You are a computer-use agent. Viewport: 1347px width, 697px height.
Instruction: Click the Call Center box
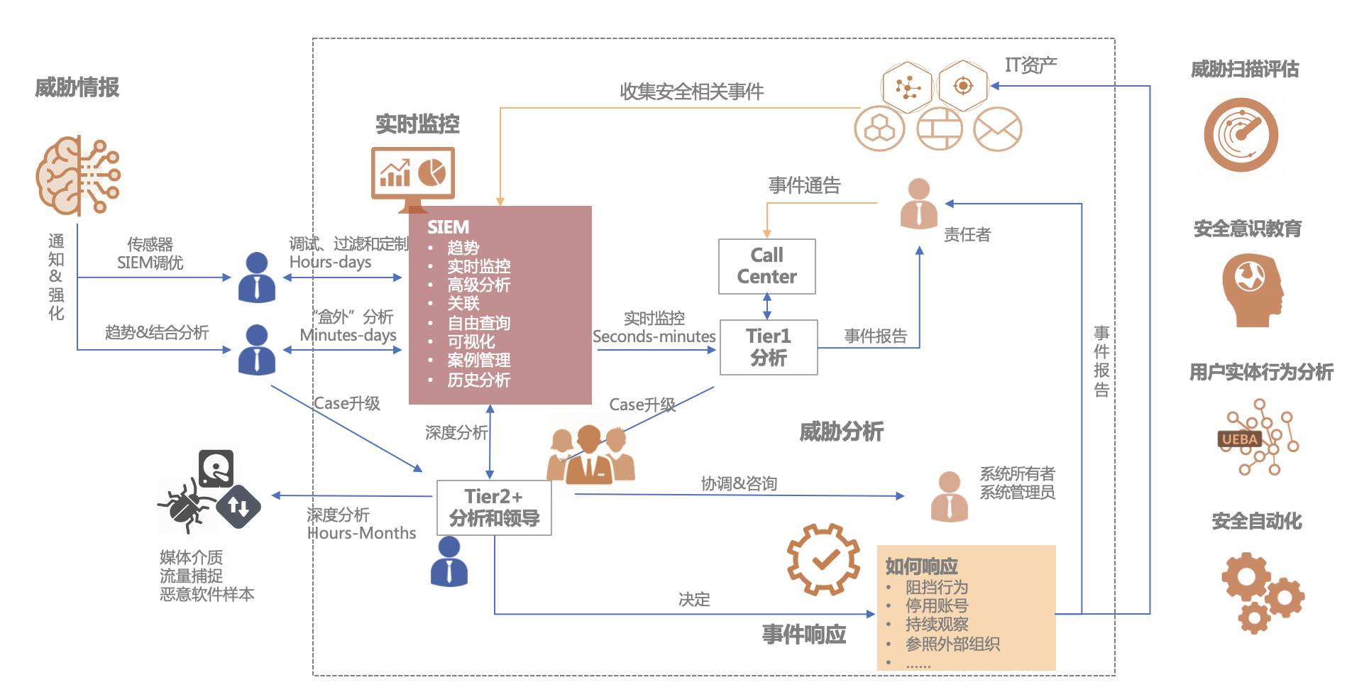tap(766, 266)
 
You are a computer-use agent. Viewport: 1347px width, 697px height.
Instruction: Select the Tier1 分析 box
tap(769, 347)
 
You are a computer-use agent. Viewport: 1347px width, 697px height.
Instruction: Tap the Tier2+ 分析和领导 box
tap(494, 507)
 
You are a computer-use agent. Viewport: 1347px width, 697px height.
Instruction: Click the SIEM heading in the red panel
tap(448, 227)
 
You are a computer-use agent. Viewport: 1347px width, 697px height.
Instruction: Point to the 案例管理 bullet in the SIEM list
tap(478, 361)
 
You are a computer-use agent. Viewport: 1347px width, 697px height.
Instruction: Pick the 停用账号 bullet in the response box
tap(936, 605)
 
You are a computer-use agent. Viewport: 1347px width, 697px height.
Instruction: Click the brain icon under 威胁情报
tap(77, 176)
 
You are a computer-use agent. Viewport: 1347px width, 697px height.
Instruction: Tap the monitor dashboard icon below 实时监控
tap(412, 175)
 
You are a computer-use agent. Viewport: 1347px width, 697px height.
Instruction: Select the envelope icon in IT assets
tap(997, 129)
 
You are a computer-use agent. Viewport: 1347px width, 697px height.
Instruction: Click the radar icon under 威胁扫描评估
tap(1241, 135)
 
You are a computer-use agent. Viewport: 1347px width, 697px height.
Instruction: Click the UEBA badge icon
tap(1239, 439)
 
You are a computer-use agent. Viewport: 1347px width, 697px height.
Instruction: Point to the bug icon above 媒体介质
tap(186, 505)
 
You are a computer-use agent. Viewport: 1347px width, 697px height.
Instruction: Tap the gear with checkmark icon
tap(823, 559)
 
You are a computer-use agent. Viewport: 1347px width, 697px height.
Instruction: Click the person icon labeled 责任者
tap(918, 204)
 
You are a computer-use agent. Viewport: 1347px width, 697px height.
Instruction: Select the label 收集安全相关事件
tap(691, 92)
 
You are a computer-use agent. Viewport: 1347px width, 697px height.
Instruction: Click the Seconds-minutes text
tap(654, 336)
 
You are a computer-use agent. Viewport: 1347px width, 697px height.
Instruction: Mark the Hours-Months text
tap(362, 533)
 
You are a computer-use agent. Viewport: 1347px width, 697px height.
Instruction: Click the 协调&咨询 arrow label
tap(739, 483)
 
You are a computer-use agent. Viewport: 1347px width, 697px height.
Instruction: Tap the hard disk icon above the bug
tap(216, 467)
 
